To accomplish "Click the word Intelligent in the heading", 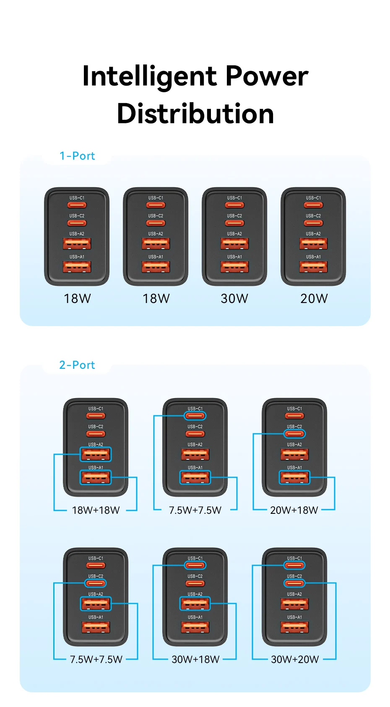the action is click(x=149, y=77).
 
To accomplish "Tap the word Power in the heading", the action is click(x=267, y=77).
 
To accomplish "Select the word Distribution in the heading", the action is click(x=195, y=114).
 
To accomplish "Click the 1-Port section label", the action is click(x=77, y=156).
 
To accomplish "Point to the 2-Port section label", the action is click(x=77, y=365).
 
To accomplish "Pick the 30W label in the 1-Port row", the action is click(x=234, y=298).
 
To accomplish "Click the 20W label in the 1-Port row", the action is click(x=314, y=298).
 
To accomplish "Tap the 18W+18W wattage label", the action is click(x=96, y=510).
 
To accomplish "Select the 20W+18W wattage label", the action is click(x=294, y=510).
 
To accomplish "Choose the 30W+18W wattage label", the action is click(x=195, y=659).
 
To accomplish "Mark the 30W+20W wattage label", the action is click(x=295, y=659).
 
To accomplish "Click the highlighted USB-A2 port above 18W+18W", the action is click(x=96, y=454).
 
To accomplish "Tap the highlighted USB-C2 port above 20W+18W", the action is click(x=294, y=434).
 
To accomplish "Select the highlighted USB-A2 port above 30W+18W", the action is click(x=195, y=604).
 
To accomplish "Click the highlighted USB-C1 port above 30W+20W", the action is click(x=294, y=565).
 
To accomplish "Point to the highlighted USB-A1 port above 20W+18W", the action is click(x=294, y=477).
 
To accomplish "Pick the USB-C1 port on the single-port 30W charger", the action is click(x=234, y=205).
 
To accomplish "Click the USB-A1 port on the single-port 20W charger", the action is click(x=313, y=267).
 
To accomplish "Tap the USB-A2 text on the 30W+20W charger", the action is click(x=294, y=594).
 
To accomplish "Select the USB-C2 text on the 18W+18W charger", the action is click(x=96, y=427).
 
